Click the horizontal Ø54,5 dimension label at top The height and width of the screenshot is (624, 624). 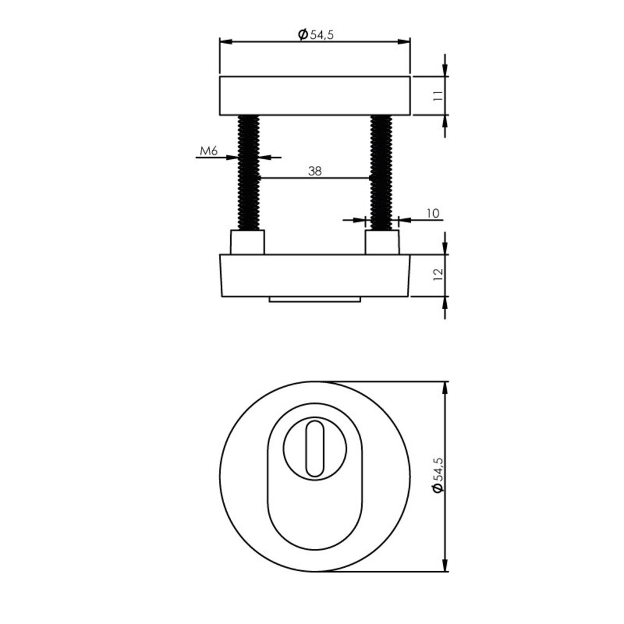tap(316, 34)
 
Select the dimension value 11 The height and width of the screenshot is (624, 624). tap(438, 95)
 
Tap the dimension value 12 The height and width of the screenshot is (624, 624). tap(438, 274)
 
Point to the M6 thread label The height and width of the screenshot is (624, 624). tap(208, 150)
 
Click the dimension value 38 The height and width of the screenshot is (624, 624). tap(315, 172)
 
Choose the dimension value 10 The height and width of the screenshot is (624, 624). tap(433, 213)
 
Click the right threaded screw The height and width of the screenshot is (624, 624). tap(381, 173)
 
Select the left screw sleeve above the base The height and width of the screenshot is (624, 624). tap(248, 242)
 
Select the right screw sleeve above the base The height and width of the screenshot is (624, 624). tap(381, 242)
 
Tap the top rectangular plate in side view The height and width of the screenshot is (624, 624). tap(315, 96)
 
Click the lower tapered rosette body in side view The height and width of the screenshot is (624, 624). tap(315, 275)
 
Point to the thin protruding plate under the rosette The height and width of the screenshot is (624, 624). tap(315, 300)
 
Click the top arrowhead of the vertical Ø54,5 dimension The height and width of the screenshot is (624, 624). tap(445, 387)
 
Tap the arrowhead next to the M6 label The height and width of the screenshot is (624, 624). tap(232, 157)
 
